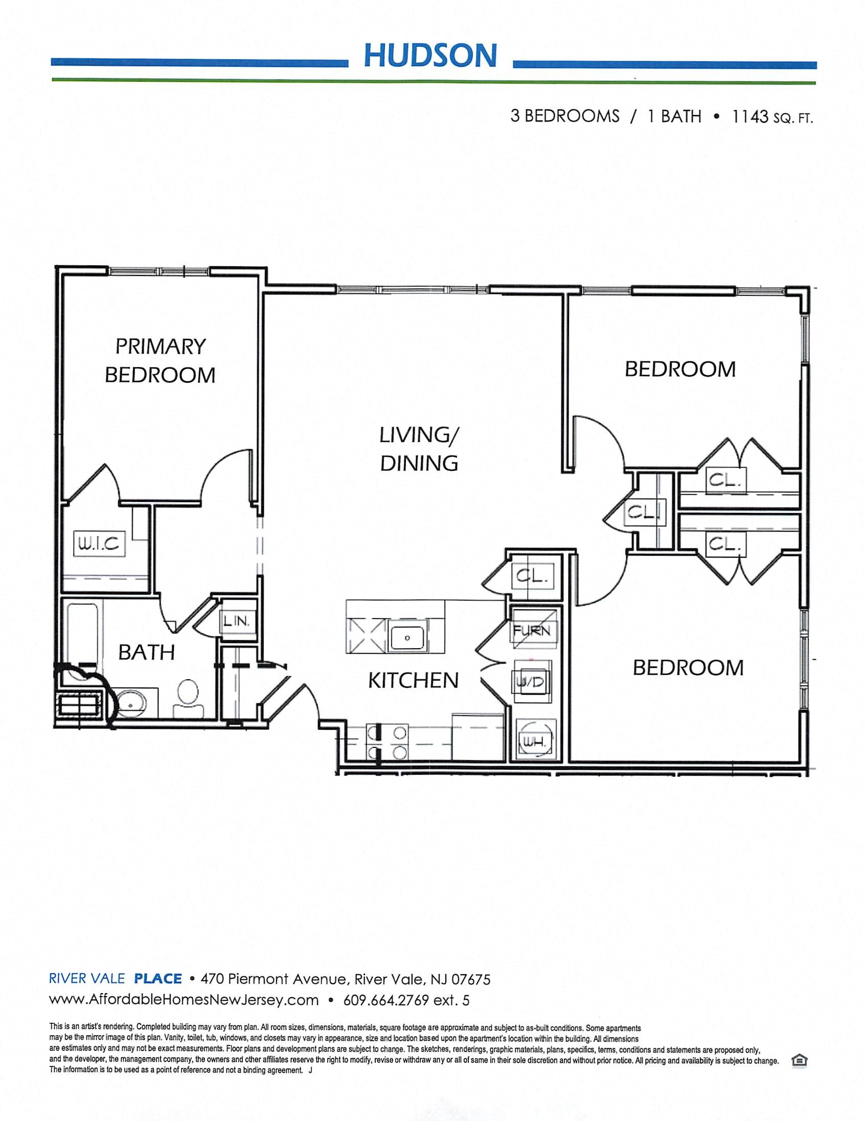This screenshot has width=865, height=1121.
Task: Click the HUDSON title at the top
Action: (x=430, y=55)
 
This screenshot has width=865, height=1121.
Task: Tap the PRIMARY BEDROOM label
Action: (x=160, y=360)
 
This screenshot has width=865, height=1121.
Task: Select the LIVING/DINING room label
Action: (x=419, y=449)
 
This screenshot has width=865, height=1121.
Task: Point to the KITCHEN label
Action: (x=413, y=680)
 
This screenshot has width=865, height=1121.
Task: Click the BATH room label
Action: (x=146, y=652)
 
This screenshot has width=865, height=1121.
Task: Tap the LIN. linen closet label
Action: (x=236, y=621)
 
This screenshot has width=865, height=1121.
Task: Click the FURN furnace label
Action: (x=532, y=630)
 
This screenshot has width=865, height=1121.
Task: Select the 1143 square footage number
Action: (x=749, y=117)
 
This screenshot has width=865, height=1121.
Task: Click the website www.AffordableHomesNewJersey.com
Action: (x=184, y=1000)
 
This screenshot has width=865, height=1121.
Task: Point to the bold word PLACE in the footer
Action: (x=158, y=979)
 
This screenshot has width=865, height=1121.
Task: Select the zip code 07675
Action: (x=471, y=979)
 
